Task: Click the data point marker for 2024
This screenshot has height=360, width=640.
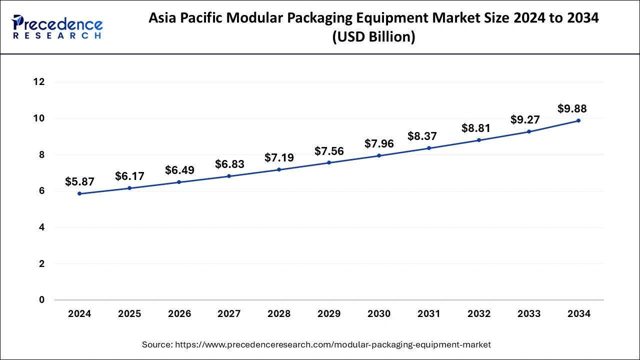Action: click(79, 193)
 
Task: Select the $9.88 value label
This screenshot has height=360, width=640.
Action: click(572, 108)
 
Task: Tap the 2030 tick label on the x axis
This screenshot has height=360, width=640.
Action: click(379, 314)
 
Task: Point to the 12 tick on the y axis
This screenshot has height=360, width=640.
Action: click(39, 82)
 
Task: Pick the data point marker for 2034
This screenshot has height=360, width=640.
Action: click(578, 120)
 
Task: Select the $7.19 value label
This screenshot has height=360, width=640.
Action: click(279, 157)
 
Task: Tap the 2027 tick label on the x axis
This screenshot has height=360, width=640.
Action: click(229, 314)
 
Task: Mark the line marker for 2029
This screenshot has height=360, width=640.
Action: click(329, 162)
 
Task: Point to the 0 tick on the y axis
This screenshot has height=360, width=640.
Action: click(42, 300)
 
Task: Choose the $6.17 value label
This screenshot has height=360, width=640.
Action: click(129, 176)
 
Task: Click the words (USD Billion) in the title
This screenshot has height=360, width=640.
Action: click(374, 37)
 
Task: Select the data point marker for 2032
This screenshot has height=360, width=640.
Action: click(478, 140)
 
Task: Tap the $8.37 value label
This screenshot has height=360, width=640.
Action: click(422, 136)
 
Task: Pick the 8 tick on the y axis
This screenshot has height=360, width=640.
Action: click(42, 155)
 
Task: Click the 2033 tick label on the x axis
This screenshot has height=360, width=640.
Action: click(528, 314)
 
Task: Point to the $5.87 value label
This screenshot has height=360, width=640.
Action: click(79, 182)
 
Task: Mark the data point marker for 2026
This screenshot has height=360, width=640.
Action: click(179, 182)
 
